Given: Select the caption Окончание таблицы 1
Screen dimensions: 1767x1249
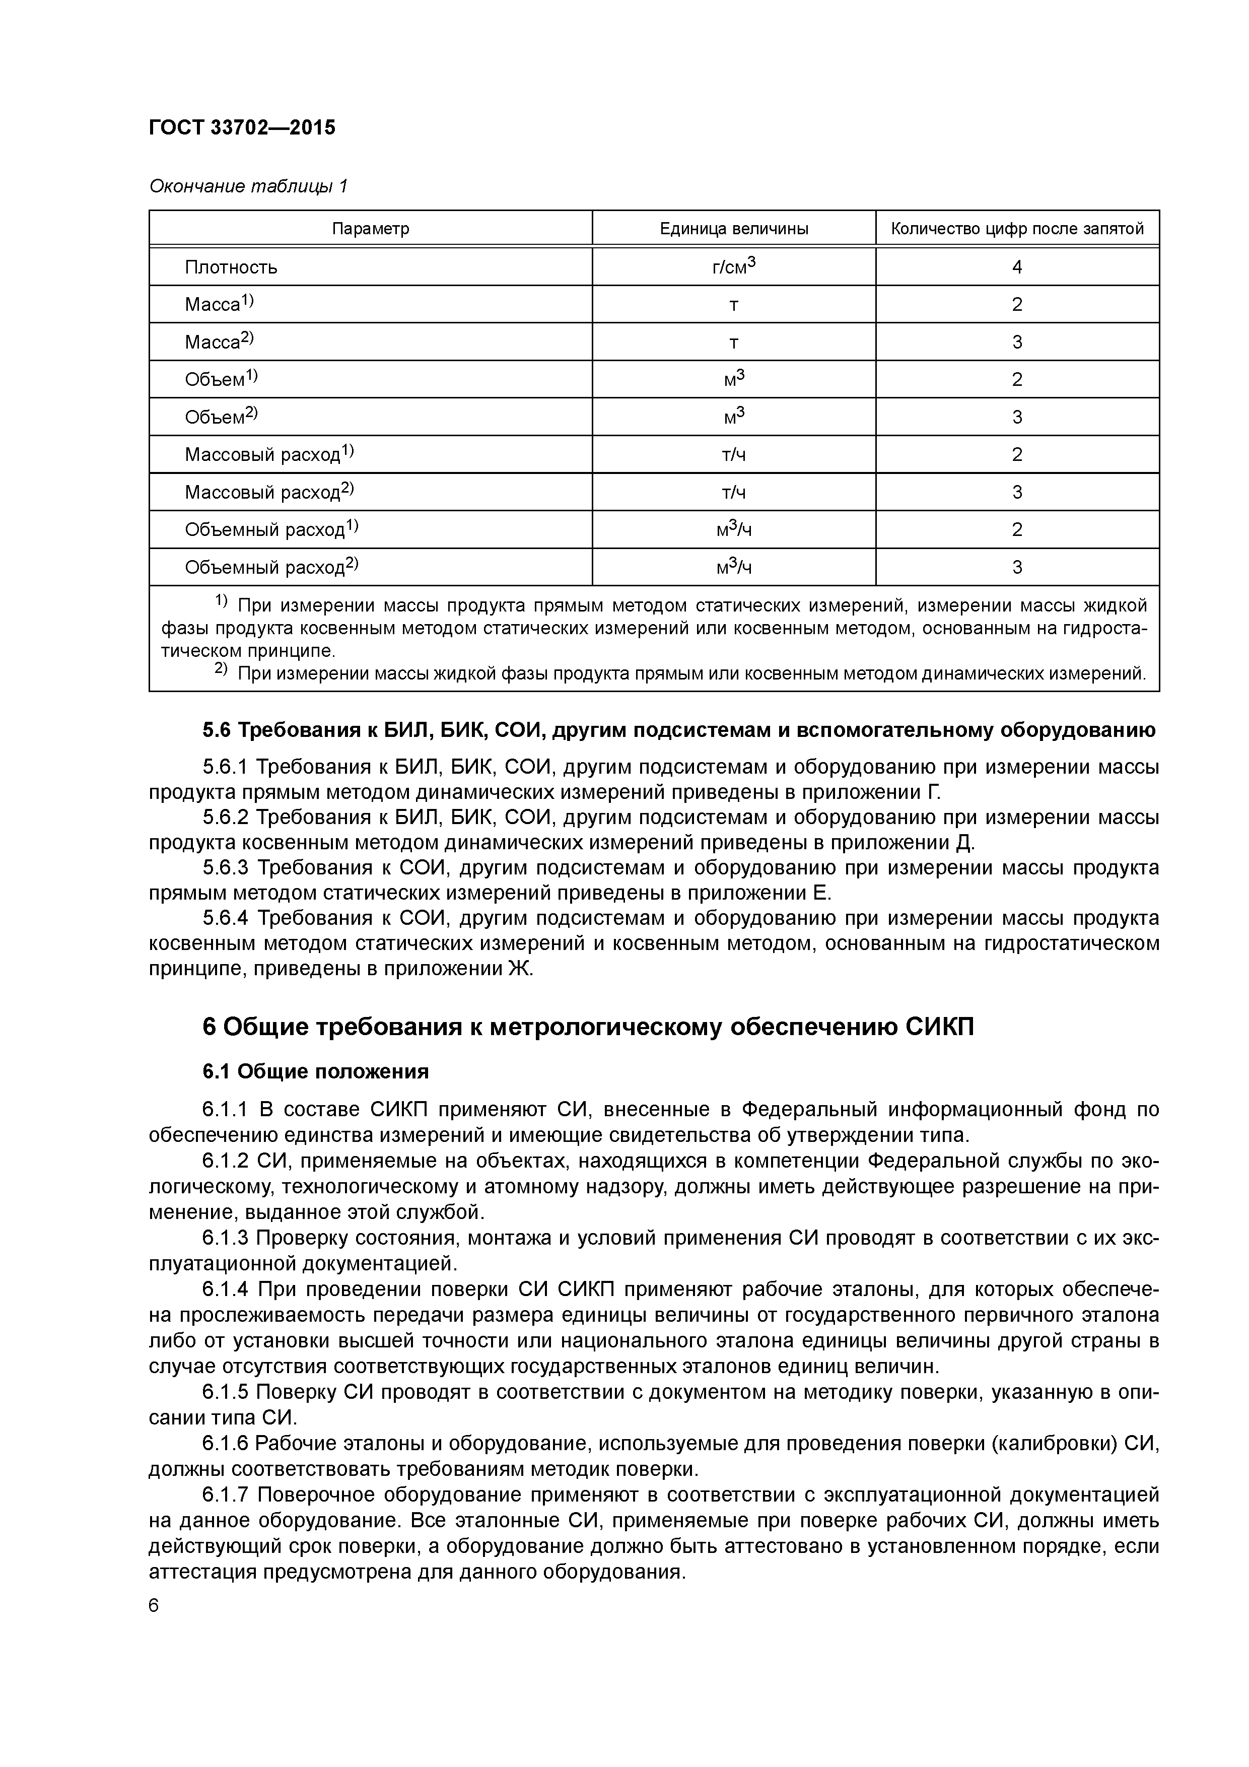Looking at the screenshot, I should coord(248,186).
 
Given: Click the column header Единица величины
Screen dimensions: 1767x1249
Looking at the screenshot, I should coord(733,229).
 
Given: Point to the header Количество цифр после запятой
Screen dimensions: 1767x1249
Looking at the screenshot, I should coord(1017,229).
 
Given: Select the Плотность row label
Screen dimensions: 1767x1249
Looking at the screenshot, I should coord(231,267).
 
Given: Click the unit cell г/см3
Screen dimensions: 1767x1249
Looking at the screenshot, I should coord(733,266).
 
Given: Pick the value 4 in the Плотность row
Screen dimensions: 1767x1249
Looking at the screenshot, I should coord(1017,267).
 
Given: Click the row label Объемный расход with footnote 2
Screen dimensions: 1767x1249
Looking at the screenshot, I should coord(271,567).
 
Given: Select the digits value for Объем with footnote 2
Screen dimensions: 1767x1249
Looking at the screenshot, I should coord(1017,417).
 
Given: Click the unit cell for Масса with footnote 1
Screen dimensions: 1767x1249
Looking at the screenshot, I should coord(733,305).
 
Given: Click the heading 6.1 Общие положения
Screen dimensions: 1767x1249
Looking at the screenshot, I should coord(315,1071).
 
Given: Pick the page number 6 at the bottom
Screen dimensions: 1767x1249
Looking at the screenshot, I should coord(154,1605).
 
